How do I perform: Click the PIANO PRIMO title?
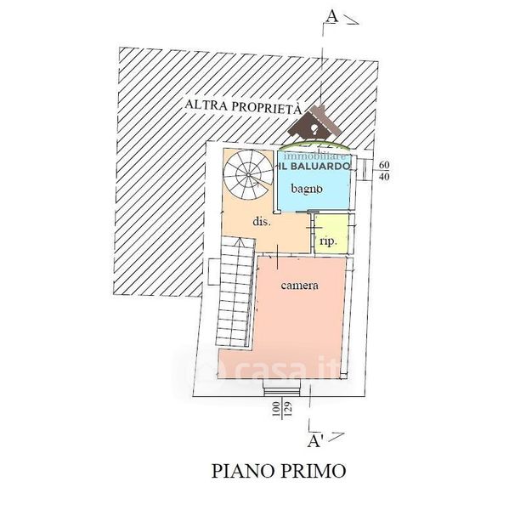coord(278,470)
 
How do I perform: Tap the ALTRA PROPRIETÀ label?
coord(245,106)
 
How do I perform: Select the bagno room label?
coord(305,187)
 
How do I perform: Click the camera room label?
coord(299,286)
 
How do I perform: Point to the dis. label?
coord(261,222)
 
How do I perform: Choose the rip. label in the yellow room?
coord(328,241)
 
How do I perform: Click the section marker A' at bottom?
coord(314,440)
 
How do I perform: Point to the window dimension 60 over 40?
coord(383,170)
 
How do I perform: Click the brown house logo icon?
coord(314,126)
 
